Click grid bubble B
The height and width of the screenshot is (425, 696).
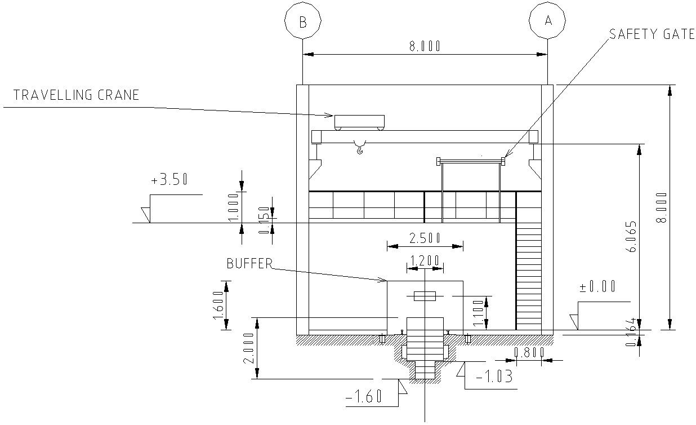[303, 22]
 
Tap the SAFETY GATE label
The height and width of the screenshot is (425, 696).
[652, 34]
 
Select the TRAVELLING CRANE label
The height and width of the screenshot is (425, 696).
[76, 95]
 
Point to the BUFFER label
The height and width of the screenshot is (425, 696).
[249, 263]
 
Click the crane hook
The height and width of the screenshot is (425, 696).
[359, 149]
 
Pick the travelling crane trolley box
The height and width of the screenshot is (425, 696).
[359, 121]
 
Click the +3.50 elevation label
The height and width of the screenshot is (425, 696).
[169, 180]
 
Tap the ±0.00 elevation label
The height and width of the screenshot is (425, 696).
[597, 287]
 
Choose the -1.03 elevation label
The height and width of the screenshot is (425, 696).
[494, 377]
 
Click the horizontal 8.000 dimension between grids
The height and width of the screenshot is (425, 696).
[425, 46]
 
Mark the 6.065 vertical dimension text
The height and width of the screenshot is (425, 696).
[632, 236]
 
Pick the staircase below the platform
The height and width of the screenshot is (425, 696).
[529, 276]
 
